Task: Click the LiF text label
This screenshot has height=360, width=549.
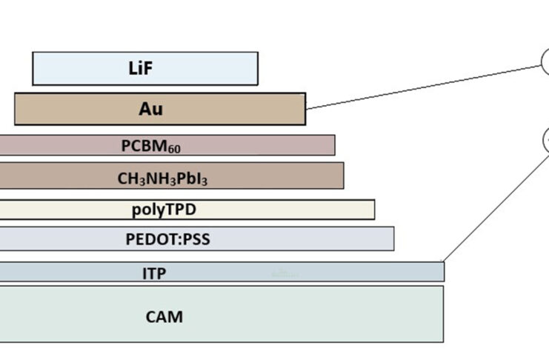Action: (x=144, y=69)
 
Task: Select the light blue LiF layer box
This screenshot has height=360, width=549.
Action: (x=67, y=69)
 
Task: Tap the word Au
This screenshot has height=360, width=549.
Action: (x=150, y=109)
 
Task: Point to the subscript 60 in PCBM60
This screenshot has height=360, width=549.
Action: (x=174, y=149)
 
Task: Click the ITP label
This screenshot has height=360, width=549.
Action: (x=154, y=273)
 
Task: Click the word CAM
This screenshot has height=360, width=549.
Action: (x=164, y=317)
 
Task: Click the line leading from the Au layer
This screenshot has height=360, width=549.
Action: (x=422, y=87)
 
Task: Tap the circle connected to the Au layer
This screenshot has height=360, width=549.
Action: (x=547, y=62)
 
